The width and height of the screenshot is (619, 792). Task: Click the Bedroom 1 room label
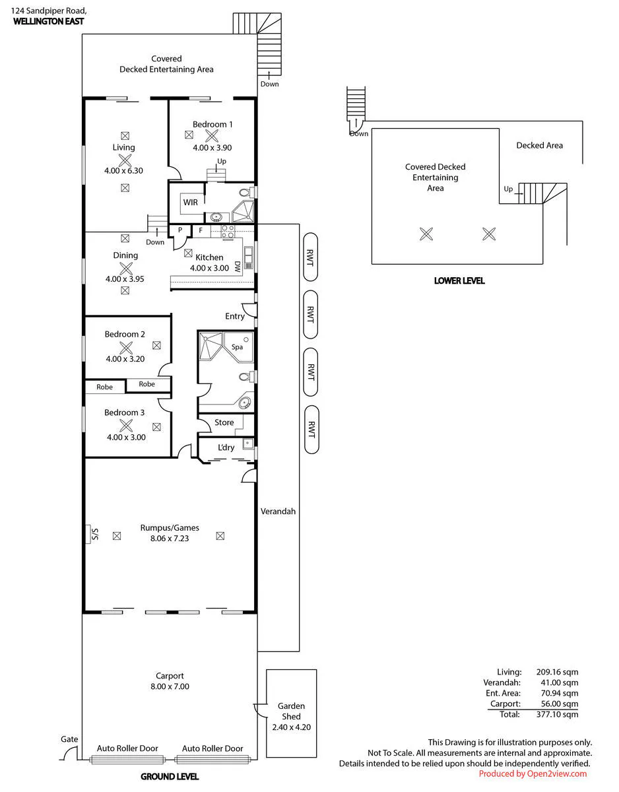coord(212,124)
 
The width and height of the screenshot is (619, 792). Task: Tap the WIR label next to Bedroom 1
coord(190,202)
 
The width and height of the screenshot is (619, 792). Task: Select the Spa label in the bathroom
coord(237,347)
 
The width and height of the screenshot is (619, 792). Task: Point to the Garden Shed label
coord(291,711)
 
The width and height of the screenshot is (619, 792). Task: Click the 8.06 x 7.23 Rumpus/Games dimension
coord(170,539)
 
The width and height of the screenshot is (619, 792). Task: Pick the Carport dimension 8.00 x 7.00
coord(170,686)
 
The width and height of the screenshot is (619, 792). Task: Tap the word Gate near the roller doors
coord(69,739)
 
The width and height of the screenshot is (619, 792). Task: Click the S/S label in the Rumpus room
coord(95,535)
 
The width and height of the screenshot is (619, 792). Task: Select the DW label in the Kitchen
coord(237,267)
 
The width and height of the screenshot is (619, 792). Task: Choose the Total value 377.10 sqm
coord(557,714)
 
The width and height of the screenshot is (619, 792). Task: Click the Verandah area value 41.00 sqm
coord(559,682)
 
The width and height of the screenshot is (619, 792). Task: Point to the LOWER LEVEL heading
coord(459,280)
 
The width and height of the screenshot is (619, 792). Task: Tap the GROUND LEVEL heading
coord(170,777)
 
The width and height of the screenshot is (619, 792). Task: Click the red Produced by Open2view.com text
coord(533,774)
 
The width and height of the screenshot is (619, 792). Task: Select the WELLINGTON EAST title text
coord(48,22)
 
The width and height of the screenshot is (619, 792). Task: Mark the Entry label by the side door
coord(235,316)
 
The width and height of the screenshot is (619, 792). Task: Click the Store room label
coord(224,422)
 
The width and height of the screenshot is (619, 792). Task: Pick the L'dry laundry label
coord(226,447)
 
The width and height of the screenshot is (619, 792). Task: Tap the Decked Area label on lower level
coord(539,145)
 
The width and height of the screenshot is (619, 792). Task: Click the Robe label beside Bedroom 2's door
coord(147,384)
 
